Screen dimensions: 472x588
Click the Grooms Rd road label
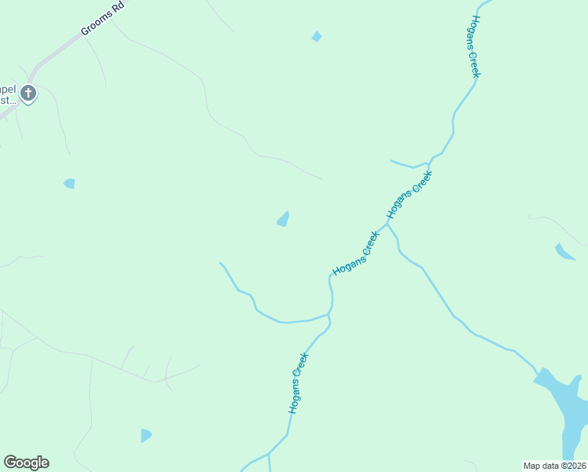(103, 21)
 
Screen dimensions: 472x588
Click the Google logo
(26, 463)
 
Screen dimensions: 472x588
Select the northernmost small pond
(316, 36)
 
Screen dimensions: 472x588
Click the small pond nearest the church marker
(69, 183)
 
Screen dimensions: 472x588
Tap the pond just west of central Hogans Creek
(283, 219)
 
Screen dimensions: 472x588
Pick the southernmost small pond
(145, 435)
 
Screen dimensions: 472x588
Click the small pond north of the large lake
(564, 252)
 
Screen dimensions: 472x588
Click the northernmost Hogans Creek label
(474, 46)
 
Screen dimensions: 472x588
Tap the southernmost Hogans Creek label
(298, 383)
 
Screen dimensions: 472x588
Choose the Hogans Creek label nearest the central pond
(355, 253)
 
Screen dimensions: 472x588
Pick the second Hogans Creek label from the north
(409, 196)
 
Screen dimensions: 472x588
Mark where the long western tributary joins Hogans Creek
(329, 314)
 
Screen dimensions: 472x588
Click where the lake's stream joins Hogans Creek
(387, 223)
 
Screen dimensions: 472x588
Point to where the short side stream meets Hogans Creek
(429, 163)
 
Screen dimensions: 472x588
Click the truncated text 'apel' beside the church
(8, 88)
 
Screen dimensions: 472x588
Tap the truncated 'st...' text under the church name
(8, 100)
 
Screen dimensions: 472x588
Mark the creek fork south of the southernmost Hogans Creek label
(269, 454)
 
